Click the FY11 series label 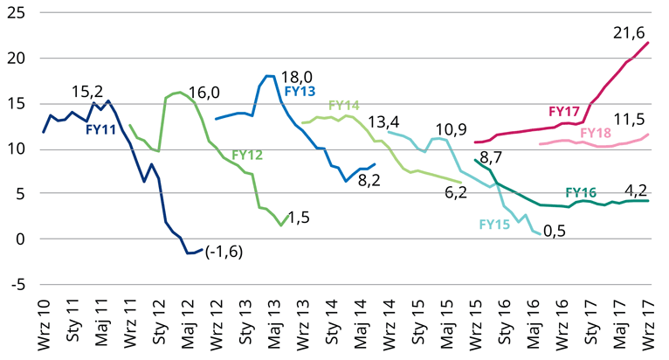pyautogui.click(x=101, y=130)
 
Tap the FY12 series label pyautogui.click(x=248, y=156)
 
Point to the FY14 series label pyautogui.click(x=344, y=106)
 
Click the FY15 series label pyautogui.click(x=495, y=225)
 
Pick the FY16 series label pyautogui.click(x=581, y=191)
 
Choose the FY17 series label pyautogui.click(x=564, y=112)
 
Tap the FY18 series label pyautogui.click(x=596, y=132)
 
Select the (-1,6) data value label pyautogui.click(x=224, y=253)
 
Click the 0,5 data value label pyautogui.click(x=555, y=232)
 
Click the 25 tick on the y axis pyautogui.click(x=17, y=13)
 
